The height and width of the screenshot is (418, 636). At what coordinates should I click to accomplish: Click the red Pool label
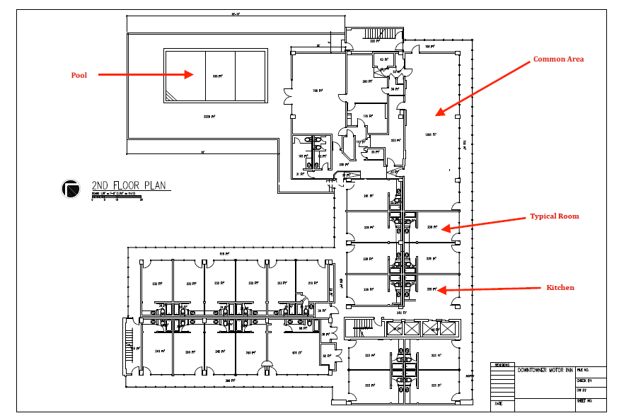coord(79,74)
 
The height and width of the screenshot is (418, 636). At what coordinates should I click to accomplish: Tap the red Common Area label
coord(558,59)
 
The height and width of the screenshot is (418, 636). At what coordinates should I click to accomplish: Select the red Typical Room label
coord(555,216)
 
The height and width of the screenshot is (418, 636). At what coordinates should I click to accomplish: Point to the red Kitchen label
coord(560,288)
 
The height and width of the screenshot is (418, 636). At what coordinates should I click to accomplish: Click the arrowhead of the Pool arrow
coord(190,74)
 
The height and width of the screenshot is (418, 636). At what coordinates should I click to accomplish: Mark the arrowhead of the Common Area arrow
coord(439,112)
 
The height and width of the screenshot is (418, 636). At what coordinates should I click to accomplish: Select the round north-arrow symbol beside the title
coord(71,189)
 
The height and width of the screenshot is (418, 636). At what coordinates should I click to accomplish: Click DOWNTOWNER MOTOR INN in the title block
coord(544,370)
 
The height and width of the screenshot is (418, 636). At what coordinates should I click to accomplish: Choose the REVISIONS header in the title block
coord(502,365)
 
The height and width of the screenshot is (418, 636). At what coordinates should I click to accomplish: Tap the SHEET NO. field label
coord(584,400)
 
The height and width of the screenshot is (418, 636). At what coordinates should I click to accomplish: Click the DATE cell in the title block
coord(499,405)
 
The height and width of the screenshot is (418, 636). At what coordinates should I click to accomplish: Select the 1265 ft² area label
coord(428,134)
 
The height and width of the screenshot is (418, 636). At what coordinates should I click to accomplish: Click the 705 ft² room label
coord(318,91)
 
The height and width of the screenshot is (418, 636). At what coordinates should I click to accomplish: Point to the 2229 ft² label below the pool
coord(209,116)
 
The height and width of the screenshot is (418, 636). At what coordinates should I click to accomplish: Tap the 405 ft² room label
coord(296,352)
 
